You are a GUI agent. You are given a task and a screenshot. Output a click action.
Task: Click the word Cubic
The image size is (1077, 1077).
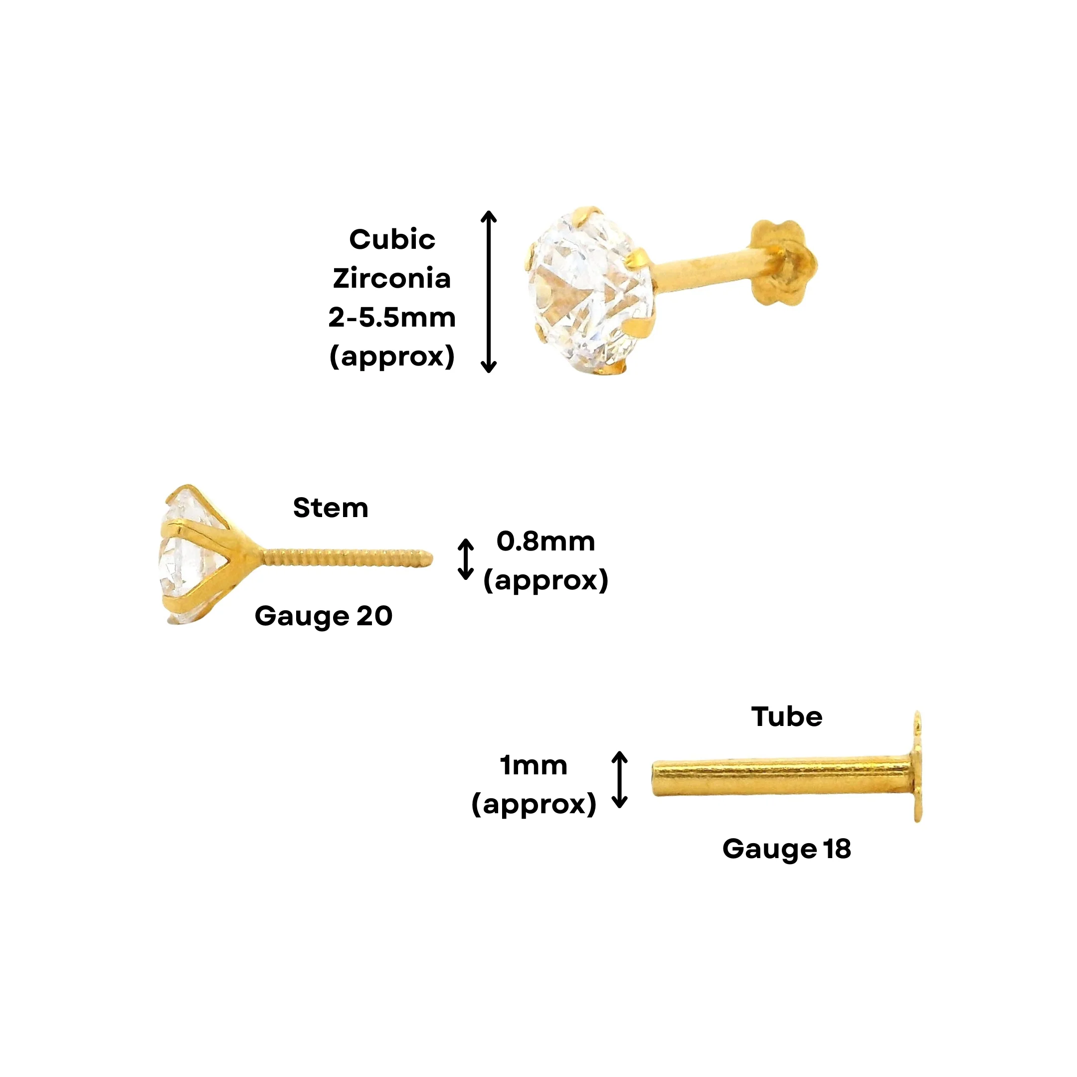point(392,240)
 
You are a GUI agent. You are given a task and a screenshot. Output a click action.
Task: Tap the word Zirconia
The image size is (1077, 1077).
point(392,278)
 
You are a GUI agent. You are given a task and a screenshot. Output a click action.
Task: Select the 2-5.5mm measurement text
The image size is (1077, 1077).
point(392,317)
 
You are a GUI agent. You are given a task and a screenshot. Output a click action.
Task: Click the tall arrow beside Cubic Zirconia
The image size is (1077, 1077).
point(489,292)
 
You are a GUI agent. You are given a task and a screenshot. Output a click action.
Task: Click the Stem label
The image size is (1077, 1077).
point(331,508)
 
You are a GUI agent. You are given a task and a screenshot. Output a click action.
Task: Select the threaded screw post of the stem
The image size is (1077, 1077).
point(346,557)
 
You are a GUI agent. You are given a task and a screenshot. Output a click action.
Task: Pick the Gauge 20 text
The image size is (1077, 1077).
point(323,617)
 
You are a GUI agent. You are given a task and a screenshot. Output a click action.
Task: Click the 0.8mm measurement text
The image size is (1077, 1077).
point(546,541)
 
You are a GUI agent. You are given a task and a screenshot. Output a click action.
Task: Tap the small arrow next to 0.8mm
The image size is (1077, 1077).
point(466,559)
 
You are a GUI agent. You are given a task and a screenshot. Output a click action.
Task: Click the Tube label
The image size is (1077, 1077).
point(787,717)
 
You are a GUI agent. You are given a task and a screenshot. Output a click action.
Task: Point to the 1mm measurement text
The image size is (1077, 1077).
point(534,765)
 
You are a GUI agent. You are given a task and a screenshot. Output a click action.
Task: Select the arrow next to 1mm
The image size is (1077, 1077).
point(619,780)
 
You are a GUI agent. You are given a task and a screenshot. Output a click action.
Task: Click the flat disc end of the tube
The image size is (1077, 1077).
point(917,766)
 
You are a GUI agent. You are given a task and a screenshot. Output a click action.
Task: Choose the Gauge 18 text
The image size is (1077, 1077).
point(787,849)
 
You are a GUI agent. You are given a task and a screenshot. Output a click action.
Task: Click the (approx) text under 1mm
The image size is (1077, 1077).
point(534,804)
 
